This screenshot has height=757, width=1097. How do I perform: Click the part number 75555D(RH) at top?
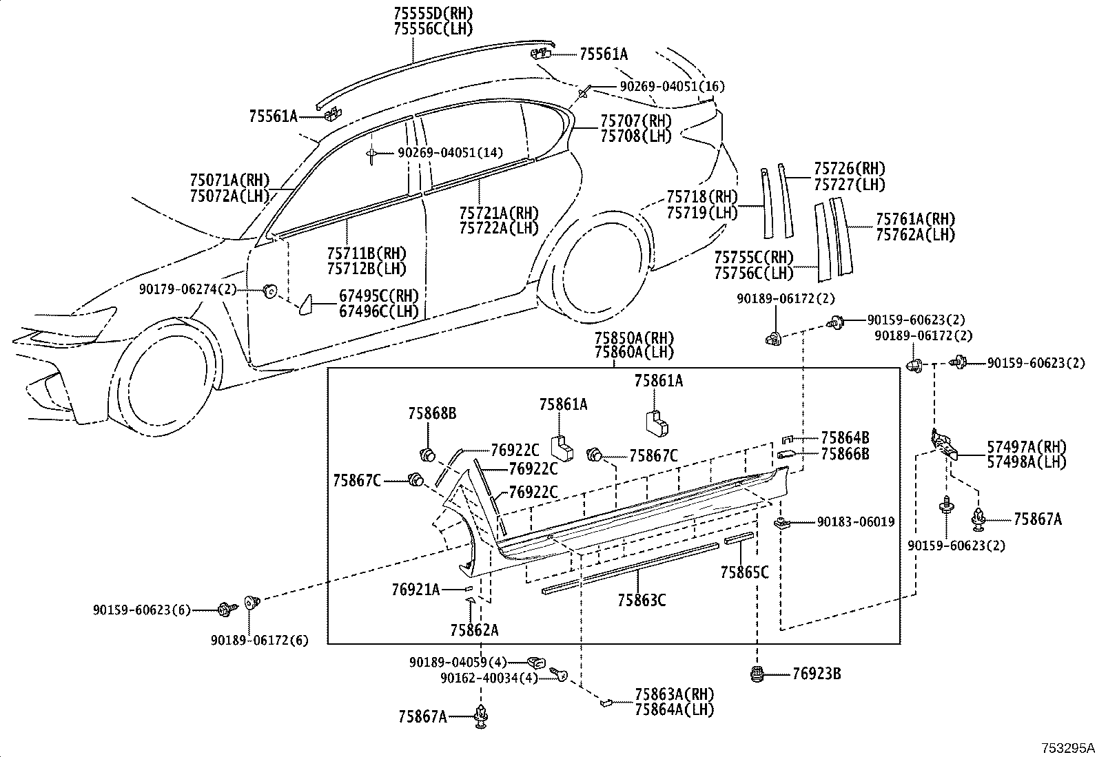tap(433, 13)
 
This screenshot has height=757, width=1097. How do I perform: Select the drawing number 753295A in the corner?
tap(1067, 747)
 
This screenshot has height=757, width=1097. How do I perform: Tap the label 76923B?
tap(816, 673)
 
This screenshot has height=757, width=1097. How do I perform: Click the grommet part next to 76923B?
tap(758, 673)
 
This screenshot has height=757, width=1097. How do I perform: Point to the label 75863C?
tap(641, 600)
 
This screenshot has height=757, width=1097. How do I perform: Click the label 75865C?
tap(744, 571)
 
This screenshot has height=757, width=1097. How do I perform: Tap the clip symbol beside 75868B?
tap(427, 454)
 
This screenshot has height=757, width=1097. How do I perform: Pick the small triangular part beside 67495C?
tap(305, 304)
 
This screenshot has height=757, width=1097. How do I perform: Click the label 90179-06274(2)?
tap(187, 290)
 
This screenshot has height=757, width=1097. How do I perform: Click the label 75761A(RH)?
tap(915, 219)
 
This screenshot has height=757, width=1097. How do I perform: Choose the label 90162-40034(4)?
tap(489, 678)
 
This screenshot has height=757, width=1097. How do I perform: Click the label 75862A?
tap(474, 629)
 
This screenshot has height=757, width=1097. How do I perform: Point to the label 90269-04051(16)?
tap(672, 86)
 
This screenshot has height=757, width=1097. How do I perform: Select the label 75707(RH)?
tap(635, 121)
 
